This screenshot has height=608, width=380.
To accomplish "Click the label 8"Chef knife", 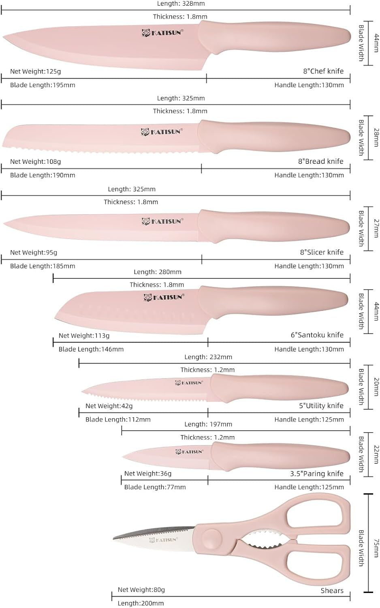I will coord(323,71).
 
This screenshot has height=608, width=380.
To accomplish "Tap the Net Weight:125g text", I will coord(35,71).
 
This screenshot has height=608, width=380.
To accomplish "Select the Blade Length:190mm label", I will coord(43,175).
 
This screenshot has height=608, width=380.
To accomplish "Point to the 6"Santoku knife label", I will coord(317,335).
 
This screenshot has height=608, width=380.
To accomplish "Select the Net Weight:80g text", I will coord(141,590).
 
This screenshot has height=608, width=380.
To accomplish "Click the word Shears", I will coord(332,591).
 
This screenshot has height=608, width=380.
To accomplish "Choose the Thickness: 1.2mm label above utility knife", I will coord(207,370).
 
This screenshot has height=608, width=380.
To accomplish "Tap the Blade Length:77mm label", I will coord(155,487).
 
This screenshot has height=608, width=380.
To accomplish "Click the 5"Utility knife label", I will coord(321,406).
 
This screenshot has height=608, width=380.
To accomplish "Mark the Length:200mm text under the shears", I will coord(141,603).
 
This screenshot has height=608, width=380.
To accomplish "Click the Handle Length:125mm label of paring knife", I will coord(309,487).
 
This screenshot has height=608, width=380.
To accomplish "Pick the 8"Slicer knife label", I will coord(322,252).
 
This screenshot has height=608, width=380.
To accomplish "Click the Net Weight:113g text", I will coord(84,336).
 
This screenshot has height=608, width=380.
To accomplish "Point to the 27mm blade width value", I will coord(376,228).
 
